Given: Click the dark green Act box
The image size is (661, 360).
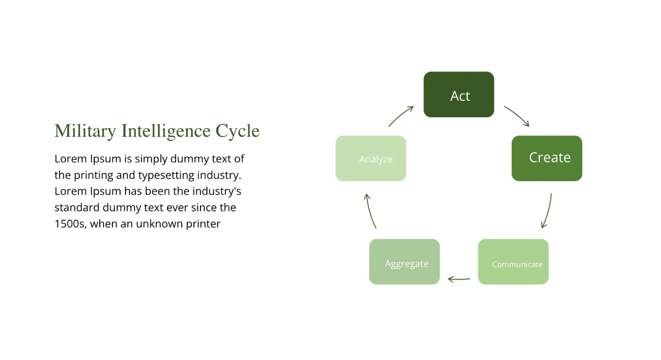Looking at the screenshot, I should coord(459,95).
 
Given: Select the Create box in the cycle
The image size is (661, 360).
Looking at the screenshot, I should coord(547,159).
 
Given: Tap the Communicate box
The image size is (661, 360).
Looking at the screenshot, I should coord(513,262).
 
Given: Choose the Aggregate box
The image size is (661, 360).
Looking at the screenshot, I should coord(404,262).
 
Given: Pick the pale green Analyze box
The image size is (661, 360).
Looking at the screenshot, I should coord(371,159).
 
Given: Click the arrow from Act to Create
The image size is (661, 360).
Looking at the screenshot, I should coord(517,116).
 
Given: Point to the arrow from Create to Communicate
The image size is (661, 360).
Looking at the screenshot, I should coord(547,210).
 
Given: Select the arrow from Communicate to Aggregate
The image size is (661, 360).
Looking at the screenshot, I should coord(459,279).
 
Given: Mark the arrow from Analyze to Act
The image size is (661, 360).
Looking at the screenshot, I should coord(401,116).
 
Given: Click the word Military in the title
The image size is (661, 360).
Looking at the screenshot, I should coord(85,131).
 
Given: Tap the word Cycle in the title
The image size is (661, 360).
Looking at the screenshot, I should coord(237,131).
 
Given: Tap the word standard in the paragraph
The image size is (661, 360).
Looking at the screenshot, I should coord(76,208).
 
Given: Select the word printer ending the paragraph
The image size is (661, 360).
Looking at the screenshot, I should coord(203,224).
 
